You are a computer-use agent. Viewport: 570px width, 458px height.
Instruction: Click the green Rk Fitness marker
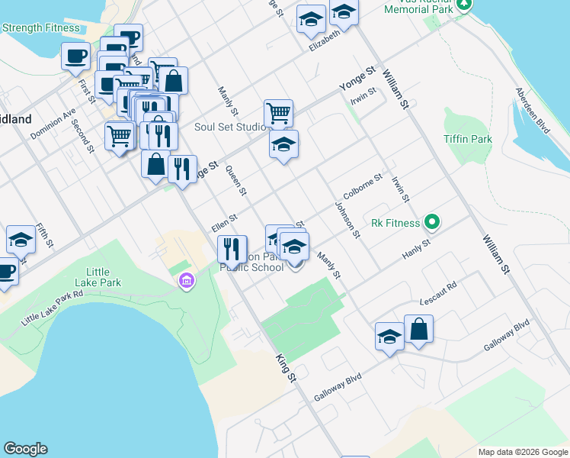[x=432, y=223]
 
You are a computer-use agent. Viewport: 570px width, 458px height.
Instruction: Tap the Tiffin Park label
[x=468, y=140]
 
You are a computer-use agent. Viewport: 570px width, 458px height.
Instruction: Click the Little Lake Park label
[x=104, y=277]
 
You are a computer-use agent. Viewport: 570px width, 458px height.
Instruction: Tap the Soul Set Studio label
[x=227, y=127]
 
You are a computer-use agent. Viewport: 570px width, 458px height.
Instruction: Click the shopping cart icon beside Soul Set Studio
[x=279, y=113]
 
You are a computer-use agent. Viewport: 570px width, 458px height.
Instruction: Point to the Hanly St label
[x=416, y=247]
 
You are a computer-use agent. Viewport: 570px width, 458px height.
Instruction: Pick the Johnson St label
[x=347, y=220]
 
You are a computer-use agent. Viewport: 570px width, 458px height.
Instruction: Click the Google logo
[x=25, y=449]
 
